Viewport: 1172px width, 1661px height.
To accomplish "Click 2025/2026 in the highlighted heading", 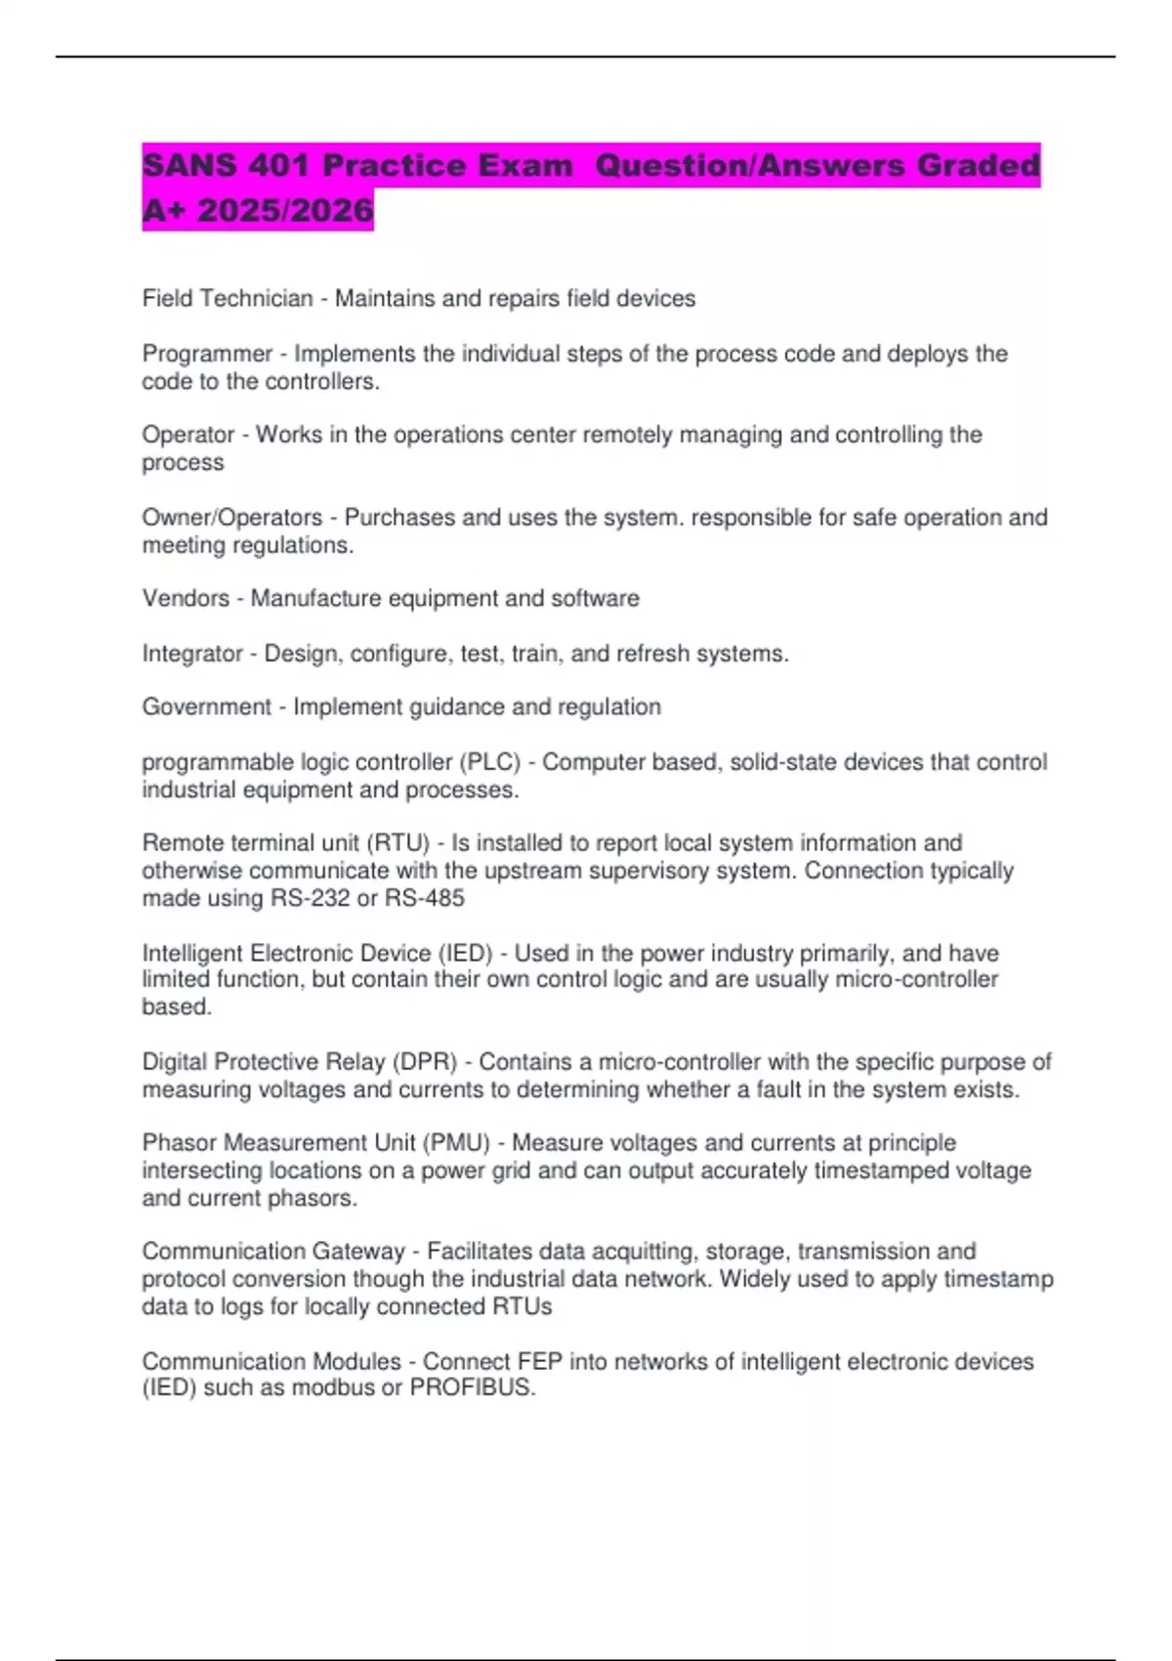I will point(285,210).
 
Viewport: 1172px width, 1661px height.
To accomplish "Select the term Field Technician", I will point(228,298).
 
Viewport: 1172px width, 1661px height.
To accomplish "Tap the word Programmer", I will point(207,354).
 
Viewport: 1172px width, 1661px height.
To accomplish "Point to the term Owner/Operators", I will point(232,517).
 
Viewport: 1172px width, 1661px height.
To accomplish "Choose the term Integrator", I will point(192,653).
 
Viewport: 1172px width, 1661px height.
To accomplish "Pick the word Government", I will point(206,706).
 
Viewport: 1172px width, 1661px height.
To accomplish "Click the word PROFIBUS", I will point(472,1387).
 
